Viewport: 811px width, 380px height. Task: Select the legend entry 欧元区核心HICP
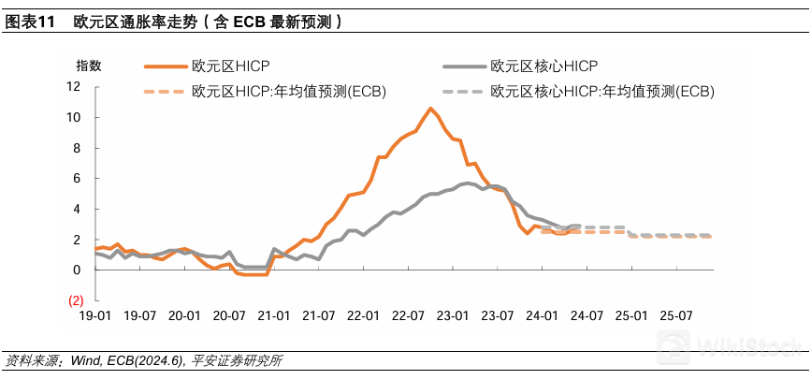[543, 66]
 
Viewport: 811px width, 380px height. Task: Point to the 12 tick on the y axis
[75, 87]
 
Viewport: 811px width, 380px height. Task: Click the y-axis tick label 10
[75, 118]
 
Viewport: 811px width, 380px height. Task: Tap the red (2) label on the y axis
[76, 300]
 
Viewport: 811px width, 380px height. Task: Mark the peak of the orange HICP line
[430, 109]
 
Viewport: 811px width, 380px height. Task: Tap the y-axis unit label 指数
[89, 66]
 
